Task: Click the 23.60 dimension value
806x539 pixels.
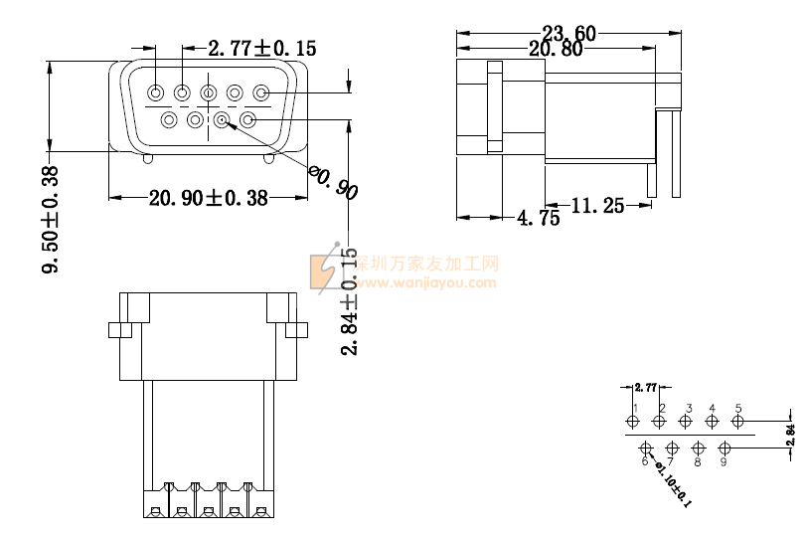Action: [569, 34]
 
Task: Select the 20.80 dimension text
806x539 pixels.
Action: [556, 49]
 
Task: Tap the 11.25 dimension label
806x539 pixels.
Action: [597, 206]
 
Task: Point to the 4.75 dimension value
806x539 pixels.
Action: [539, 219]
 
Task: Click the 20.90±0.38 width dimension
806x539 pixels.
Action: [208, 198]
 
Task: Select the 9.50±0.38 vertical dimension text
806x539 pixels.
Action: [51, 219]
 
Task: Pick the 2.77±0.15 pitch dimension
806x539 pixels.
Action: [262, 48]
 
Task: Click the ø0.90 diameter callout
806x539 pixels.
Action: [333, 182]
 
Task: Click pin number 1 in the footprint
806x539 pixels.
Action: [634, 408]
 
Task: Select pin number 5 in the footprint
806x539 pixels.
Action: [738, 408]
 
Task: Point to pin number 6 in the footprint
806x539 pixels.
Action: [645, 461]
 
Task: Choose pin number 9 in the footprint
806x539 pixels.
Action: [724, 461]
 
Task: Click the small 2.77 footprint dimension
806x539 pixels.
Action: [645, 387]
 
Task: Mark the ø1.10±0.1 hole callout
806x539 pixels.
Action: [675, 486]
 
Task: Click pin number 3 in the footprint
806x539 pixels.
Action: [688, 408]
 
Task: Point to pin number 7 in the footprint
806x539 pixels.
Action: [671, 461]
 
